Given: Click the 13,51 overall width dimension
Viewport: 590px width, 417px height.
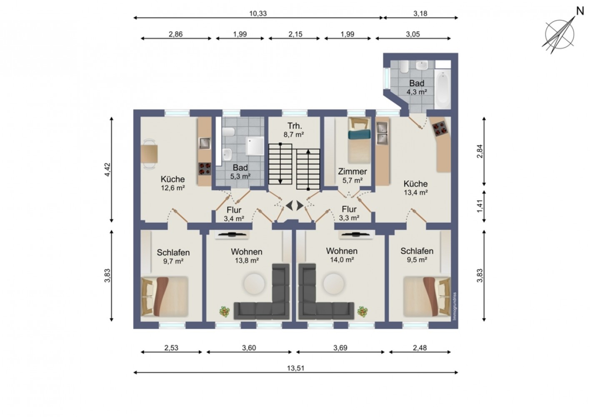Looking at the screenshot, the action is click(295, 368).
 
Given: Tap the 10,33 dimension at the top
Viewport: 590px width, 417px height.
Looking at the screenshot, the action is click(258, 13).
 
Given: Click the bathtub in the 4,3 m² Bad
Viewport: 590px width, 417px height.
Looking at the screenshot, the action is click(442, 89).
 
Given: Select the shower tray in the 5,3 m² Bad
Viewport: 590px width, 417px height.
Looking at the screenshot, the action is click(255, 146).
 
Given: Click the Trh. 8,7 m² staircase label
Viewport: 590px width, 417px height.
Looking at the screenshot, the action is click(294, 130).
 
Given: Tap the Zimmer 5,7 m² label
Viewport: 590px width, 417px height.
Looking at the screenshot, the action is click(352, 176).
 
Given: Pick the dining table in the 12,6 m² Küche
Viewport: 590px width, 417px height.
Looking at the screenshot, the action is click(149, 154).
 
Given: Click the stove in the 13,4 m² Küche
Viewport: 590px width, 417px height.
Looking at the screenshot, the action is click(440, 128).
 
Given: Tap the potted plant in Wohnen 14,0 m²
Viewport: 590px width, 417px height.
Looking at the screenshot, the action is click(362, 311).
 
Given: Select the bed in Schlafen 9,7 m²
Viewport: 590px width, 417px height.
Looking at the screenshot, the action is click(165, 296).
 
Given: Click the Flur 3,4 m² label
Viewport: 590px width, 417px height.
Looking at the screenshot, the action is click(234, 214).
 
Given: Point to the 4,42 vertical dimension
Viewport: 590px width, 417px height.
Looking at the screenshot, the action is click(108, 169).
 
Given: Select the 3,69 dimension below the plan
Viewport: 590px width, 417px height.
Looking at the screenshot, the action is click(340, 348).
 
